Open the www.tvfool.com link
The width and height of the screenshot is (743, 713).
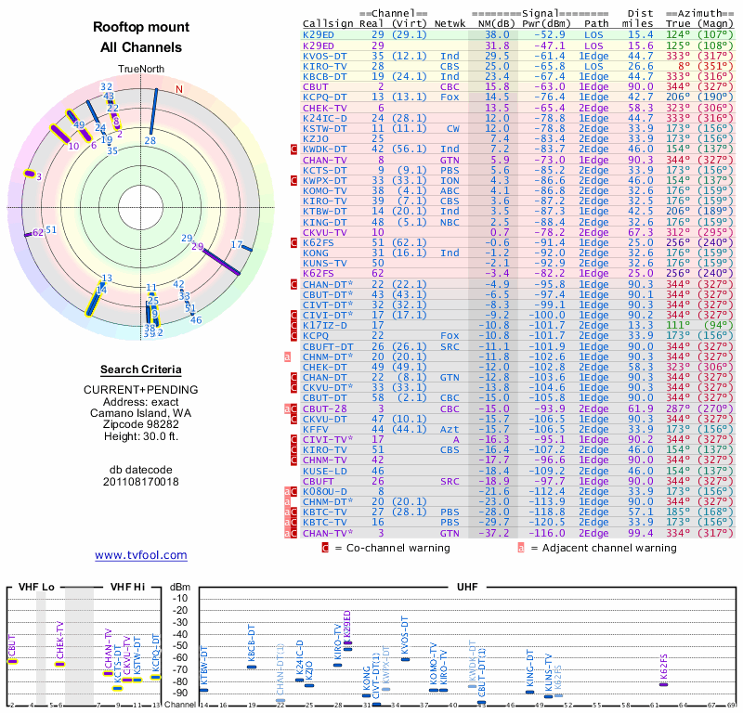(140, 555)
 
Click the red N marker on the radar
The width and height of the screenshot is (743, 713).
(179, 90)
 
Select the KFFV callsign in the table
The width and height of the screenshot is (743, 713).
(316, 428)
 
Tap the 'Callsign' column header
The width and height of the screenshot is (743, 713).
(329, 23)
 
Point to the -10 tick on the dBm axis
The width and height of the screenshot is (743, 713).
(179, 599)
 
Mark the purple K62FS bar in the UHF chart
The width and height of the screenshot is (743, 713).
(663, 685)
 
